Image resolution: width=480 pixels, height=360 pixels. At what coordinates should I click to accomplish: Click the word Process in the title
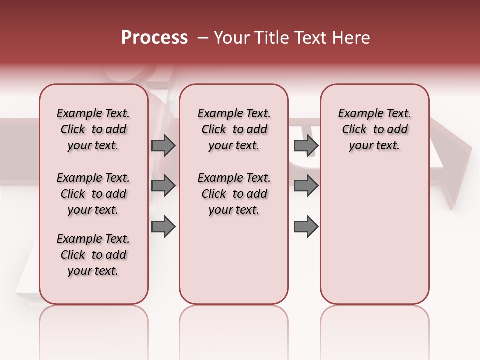tap(154, 38)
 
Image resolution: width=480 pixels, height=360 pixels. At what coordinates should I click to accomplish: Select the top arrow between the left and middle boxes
tap(163, 145)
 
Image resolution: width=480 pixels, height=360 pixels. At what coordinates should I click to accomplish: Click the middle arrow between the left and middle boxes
tap(163, 186)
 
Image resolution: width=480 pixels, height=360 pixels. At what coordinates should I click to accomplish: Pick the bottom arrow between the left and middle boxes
tap(163, 226)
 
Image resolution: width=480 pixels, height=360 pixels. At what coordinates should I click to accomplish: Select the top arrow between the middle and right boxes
tap(306, 145)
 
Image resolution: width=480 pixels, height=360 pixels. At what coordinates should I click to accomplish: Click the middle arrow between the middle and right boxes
tap(306, 186)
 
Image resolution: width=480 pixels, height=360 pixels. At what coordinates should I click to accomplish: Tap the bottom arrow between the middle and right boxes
tap(306, 226)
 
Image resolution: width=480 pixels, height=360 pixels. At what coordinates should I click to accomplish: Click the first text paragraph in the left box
tap(93, 129)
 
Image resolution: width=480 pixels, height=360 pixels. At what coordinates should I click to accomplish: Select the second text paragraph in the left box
tap(93, 194)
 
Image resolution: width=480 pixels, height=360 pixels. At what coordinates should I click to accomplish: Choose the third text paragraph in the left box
tap(93, 255)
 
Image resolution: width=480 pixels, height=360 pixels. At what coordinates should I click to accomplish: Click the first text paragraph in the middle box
tap(234, 129)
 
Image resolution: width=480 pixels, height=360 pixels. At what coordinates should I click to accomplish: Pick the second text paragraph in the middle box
tap(234, 194)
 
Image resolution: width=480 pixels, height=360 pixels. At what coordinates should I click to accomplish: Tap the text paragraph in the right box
tap(374, 129)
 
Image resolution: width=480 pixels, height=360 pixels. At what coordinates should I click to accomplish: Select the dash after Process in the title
tap(203, 38)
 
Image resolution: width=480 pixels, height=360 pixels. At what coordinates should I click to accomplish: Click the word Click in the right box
tap(354, 130)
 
